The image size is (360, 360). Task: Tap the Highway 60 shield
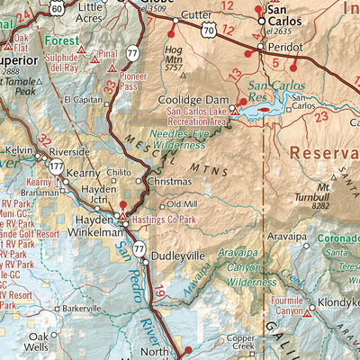point(56,8)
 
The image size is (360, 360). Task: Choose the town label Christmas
point(171,181)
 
